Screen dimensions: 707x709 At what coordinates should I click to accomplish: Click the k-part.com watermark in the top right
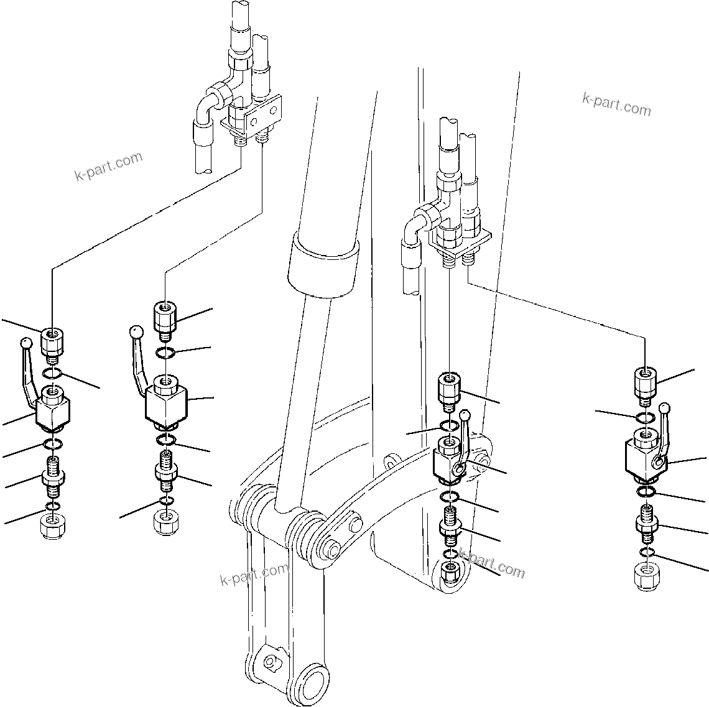tap(616, 104)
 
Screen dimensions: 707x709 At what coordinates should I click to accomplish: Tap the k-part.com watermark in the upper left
tap(108, 166)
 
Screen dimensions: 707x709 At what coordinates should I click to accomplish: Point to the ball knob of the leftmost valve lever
tap(25, 342)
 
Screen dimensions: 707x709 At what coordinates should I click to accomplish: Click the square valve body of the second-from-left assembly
tap(165, 404)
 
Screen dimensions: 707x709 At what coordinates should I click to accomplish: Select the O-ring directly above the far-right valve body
tap(645, 417)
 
